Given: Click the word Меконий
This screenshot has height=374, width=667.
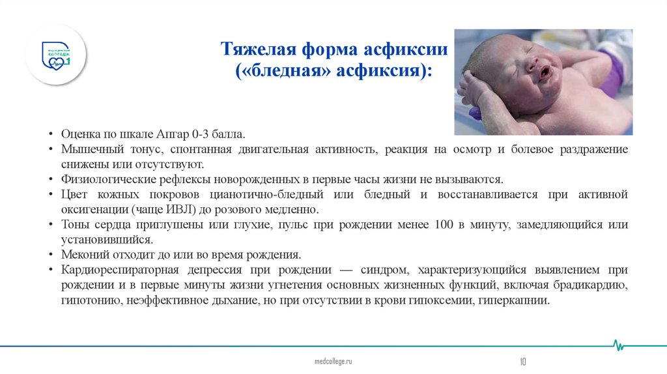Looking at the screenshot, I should pos(83,255).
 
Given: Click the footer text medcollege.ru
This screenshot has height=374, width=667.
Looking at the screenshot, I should pos(333,360).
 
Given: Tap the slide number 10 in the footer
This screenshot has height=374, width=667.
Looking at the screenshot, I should pos(522,360).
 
